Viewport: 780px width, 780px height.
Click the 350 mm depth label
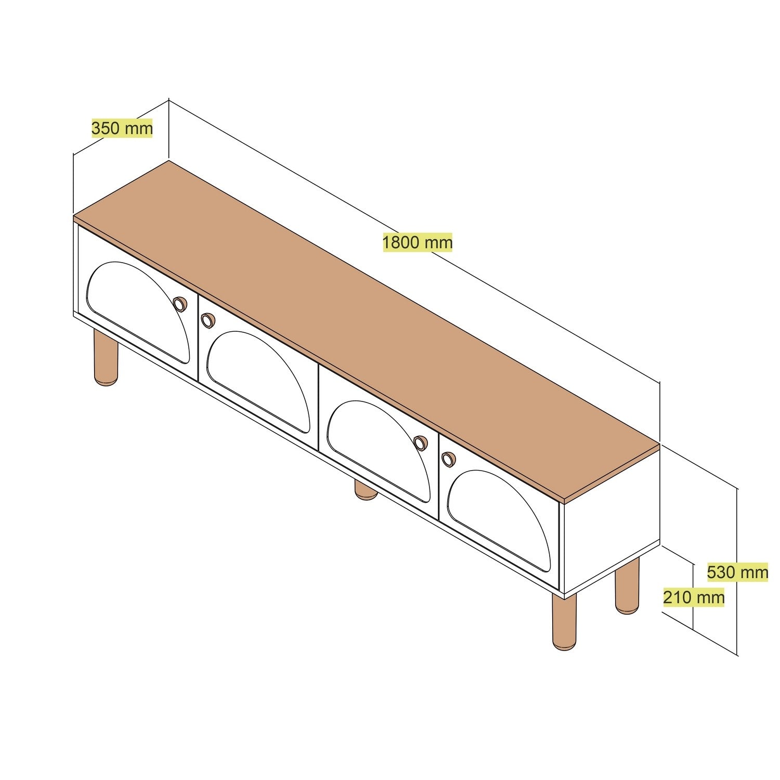tap(122, 128)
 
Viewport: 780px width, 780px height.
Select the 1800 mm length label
tap(418, 242)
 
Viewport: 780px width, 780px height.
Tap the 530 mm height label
tap(737, 573)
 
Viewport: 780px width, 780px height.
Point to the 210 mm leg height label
tap(694, 597)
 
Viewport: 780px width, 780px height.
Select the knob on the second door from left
tap(207, 320)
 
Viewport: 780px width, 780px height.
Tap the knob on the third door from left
tap(420, 443)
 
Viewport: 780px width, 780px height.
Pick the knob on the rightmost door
tap(448, 459)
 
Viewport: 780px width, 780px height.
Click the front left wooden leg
tap(106, 358)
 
